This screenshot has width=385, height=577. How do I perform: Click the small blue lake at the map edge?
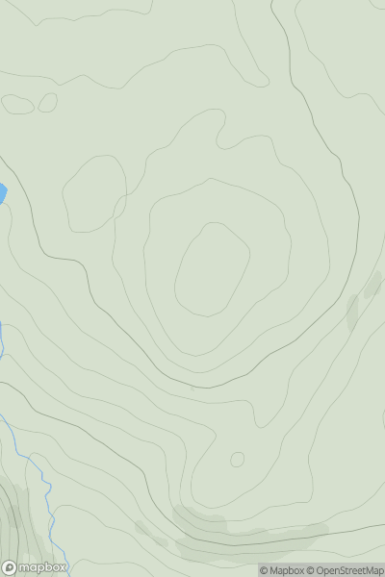2,194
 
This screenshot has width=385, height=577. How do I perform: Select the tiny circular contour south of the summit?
237,460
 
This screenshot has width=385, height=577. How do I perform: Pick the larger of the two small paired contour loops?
18,104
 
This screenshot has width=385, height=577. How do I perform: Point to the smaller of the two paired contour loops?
47,102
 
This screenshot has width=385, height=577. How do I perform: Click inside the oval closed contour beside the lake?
94,192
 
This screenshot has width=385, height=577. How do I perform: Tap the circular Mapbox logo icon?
11,567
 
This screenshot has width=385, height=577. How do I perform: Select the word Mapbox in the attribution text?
286,570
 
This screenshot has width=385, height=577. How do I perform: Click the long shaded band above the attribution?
241,534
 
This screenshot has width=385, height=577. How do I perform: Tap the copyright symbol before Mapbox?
264,570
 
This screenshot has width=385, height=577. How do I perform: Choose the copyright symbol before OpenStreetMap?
309,570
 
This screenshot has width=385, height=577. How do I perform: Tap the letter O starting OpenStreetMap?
319,570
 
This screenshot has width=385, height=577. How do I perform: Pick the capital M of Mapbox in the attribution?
274,570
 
